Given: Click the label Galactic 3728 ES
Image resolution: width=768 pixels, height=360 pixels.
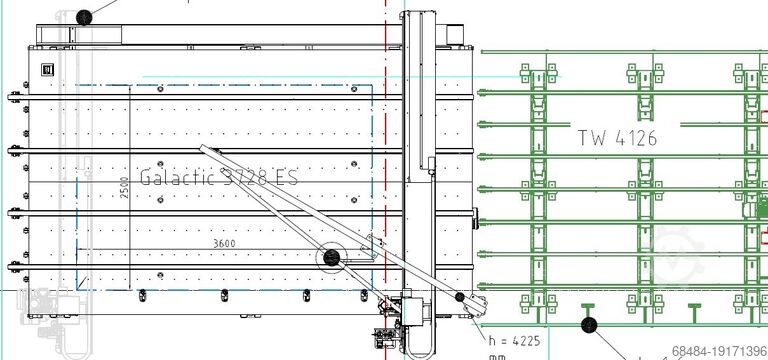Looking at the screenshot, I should pos(219,176).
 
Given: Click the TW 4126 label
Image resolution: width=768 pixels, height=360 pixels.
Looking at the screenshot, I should pos(617,138).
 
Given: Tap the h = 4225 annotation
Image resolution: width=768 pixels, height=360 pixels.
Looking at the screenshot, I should pos(515,341).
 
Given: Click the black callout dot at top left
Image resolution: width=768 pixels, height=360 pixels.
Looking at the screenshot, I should pos(84,16).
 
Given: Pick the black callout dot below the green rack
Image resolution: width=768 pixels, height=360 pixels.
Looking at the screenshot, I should pos(588,324).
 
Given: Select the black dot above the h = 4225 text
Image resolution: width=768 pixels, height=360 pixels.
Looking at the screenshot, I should pos(460,297).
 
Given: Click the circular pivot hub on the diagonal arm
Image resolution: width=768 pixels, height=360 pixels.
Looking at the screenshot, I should pos(329,260).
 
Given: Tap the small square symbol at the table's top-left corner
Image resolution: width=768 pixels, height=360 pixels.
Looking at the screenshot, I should pos(45,68).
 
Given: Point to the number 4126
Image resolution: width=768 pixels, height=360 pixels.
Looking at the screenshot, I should pos(636,138).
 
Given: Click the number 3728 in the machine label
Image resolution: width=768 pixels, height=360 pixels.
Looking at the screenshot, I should pos(244,176).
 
